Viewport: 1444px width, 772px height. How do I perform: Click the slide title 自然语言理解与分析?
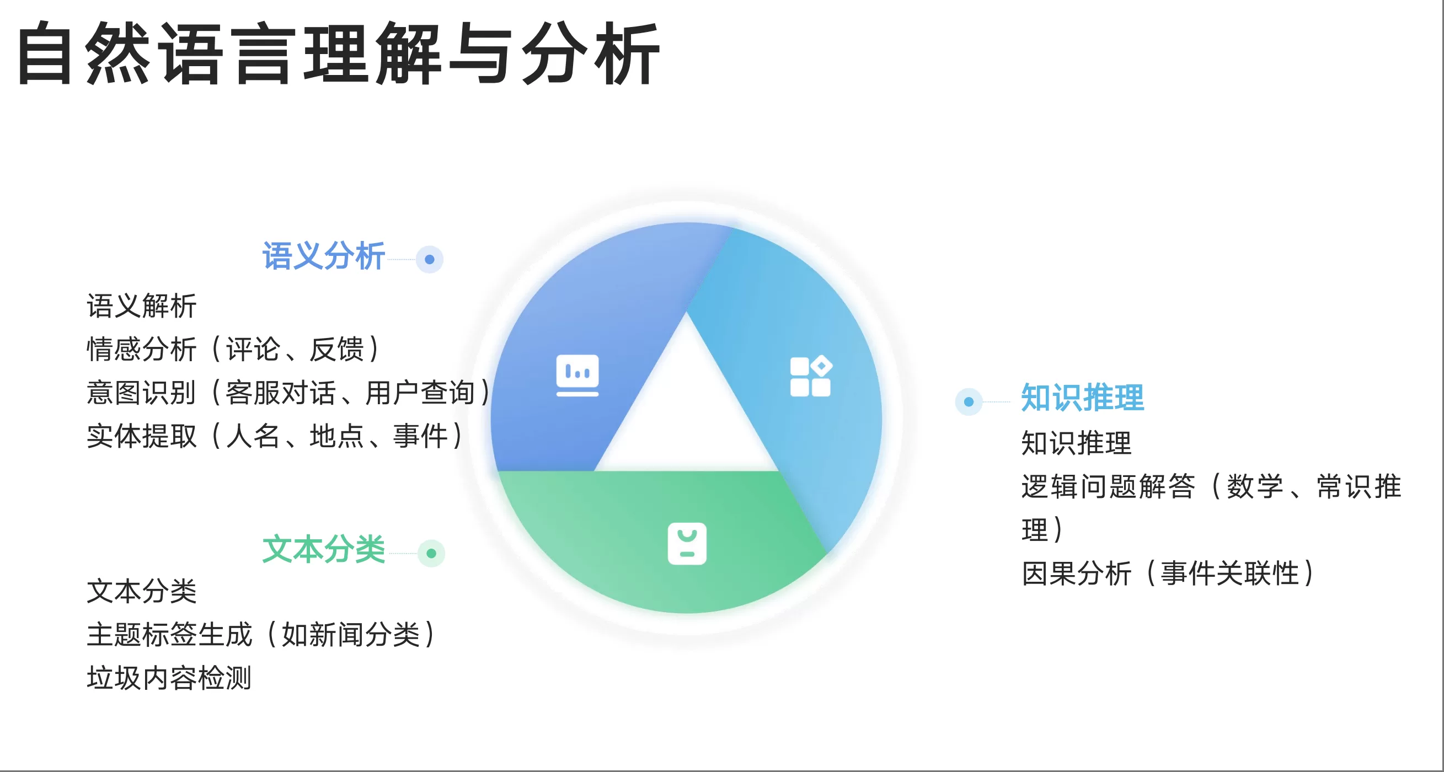point(339,53)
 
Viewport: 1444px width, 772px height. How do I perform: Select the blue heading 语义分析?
point(323,256)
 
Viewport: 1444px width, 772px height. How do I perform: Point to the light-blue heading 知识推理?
point(1082,398)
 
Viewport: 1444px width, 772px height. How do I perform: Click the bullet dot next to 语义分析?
point(429,259)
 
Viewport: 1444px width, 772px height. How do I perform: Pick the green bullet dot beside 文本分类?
point(431,554)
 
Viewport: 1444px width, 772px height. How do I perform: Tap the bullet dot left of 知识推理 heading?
point(969,401)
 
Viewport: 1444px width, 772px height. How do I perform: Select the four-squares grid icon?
point(811,376)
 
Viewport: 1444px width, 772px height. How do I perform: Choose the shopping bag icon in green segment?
point(687,543)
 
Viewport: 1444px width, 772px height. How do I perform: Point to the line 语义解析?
point(141,306)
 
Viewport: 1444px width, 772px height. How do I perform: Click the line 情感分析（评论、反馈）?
point(233,349)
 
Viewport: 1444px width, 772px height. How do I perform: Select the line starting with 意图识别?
point(288,392)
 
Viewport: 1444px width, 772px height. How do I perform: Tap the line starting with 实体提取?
point(275,436)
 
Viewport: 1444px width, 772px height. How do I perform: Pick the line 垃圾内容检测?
point(169,678)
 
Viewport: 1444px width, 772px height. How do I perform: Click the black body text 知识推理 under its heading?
point(1076,443)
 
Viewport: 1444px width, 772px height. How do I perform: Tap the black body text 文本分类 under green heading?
point(141,591)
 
